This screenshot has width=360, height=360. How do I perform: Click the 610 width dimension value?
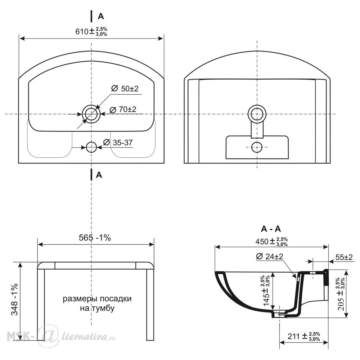pos(91,31)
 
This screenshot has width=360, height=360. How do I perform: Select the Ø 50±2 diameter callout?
pos(125,89)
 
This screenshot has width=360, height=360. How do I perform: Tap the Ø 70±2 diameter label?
pos(123,109)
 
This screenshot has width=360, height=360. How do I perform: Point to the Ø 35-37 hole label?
pos(118,143)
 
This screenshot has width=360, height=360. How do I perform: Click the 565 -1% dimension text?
pos(95,238)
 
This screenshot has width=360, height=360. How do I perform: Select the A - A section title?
pos(271,229)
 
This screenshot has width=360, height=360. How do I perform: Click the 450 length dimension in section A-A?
pos(271,242)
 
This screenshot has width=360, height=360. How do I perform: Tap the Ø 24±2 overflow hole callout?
pos(270,256)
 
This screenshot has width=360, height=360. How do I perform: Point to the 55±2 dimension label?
pos(344,257)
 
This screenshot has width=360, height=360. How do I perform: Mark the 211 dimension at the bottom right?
pos(304,336)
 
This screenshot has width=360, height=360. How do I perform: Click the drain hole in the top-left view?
pos(91,114)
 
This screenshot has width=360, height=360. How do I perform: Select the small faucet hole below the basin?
pos(91,147)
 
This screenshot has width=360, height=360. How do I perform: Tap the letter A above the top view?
pos(101,17)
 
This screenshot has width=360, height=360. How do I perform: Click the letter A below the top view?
pos(99,175)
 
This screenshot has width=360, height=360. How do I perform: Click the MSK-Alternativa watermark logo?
pos(61,337)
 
